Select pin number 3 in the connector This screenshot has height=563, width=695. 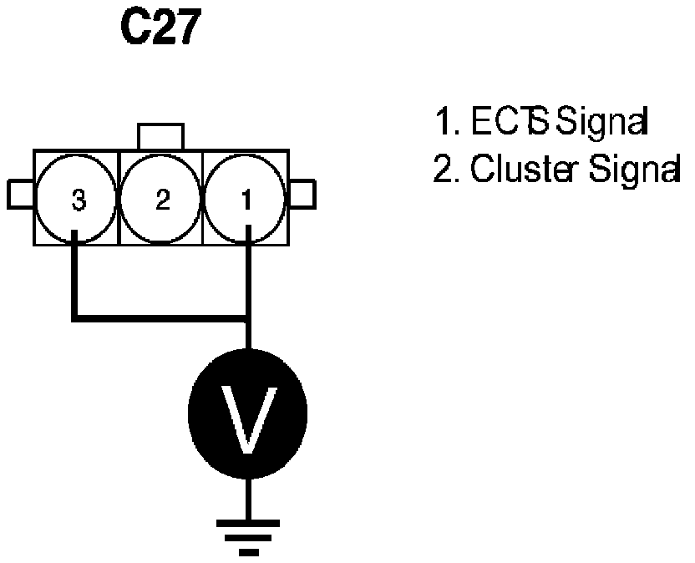click(78, 199)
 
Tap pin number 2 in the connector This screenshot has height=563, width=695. click(163, 199)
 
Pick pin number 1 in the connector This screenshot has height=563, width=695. click(247, 199)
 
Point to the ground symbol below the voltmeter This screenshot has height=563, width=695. click(247, 535)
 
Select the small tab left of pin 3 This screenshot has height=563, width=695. click(20, 195)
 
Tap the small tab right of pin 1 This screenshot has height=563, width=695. click(302, 195)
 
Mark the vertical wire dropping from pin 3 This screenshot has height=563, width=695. click(75, 276)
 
